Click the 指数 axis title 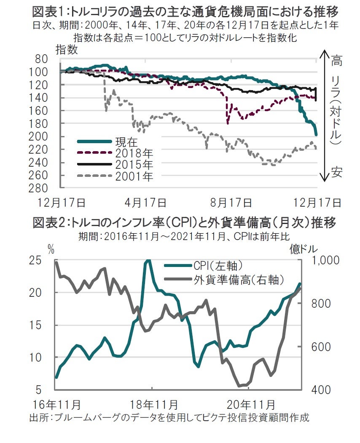67,49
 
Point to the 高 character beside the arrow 336,61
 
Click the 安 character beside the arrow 336,173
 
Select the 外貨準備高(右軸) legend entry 238,279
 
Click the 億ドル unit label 304,249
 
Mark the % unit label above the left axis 51,249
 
